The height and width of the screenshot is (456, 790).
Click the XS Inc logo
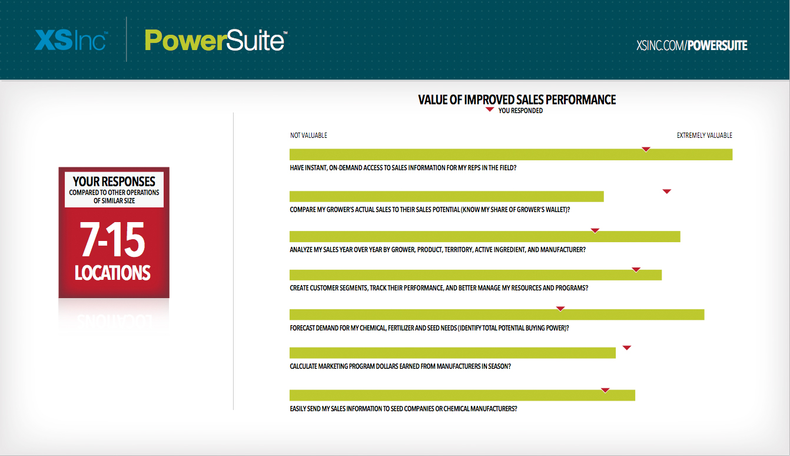pos(71,40)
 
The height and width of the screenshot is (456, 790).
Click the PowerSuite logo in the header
pos(216,40)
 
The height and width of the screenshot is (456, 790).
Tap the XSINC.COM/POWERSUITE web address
pos(692,45)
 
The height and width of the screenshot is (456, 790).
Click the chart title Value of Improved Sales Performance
pos(517,100)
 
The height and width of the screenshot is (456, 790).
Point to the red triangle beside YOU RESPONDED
pos(490,110)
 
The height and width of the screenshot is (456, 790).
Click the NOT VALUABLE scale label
pos(308,136)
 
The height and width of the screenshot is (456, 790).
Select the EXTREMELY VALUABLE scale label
pos(704,136)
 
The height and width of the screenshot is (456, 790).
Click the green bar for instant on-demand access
pos(511,154)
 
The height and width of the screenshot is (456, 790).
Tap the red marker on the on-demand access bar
pos(646,149)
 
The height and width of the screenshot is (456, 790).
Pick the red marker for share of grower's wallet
pos(666,191)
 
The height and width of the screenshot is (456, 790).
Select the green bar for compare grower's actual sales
pos(446,197)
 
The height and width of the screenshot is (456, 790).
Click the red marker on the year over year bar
pos(595,231)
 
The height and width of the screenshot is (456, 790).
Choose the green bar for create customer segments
pos(476,275)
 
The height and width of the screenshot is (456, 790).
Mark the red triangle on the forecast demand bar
pos(560,309)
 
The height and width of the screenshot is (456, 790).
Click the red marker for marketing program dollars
pos(627,348)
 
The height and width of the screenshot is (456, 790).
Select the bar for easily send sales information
pos(462,395)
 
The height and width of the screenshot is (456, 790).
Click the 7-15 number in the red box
pos(112,240)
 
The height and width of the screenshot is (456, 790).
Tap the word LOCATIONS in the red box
pos(112,273)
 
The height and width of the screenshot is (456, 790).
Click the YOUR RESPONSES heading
pos(114,182)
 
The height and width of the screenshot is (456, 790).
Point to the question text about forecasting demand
pos(429,328)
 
